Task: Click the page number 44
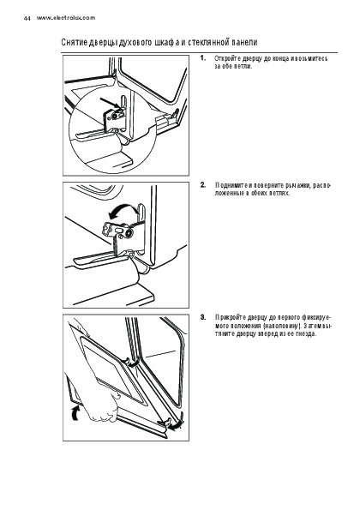pyautogui.click(x=27, y=19)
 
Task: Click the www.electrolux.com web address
pyautogui.click(x=66, y=18)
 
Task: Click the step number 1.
pyautogui.click(x=203, y=58)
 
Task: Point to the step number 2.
pyautogui.click(x=203, y=185)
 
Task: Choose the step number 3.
pyautogui.click(x=203, y=317)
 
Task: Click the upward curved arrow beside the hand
pyautogui.click(x=75, y=412)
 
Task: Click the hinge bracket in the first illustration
pyautogui.click(x=115, y=117)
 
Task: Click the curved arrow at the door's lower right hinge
pyautogui.click(x=177, y=423)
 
